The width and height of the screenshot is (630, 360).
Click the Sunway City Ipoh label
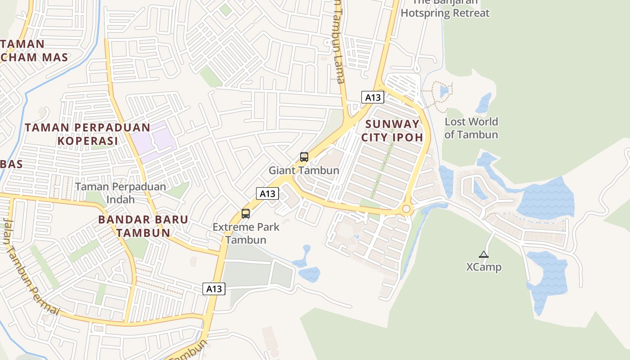click(x=392, y=130)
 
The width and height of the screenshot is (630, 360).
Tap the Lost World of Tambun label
click(x=471, y=128)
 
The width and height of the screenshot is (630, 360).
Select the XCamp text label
click(x=484, y=267)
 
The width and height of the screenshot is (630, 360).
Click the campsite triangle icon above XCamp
click(x=484, y=254)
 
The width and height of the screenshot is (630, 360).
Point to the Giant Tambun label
click(x=304, y=171)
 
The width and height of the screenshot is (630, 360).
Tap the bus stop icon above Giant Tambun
click(x=304, y=157)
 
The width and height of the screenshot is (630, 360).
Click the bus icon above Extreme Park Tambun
click(x=246, y=214)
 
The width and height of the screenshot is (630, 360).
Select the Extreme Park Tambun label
click(x=246, y=233)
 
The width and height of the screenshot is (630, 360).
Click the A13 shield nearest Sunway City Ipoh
click(x=373, y=97)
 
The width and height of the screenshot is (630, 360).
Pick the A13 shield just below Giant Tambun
click(x=268, y=193)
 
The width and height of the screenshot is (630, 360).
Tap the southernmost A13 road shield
click(x=214, y=289)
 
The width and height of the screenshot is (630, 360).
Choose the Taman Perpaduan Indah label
click(x=120, y=193)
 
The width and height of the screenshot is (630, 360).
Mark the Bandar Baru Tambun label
click(x=143, y=226)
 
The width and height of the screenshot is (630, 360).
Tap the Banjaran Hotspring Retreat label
click(x=445, y=9)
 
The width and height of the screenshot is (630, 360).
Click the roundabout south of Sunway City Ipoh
click(x=407, y=209)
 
